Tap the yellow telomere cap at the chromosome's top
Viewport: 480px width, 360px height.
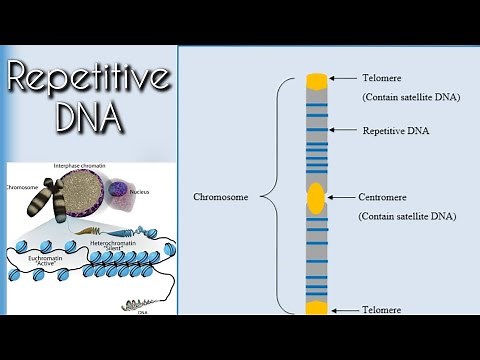click(316, 80)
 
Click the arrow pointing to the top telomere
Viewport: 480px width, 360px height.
click(344, 79)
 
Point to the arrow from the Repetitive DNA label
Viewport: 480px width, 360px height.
click(344, 130)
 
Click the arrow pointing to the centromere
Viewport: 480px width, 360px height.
click(343, 197)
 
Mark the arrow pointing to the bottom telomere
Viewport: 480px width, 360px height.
click(344, 310)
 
